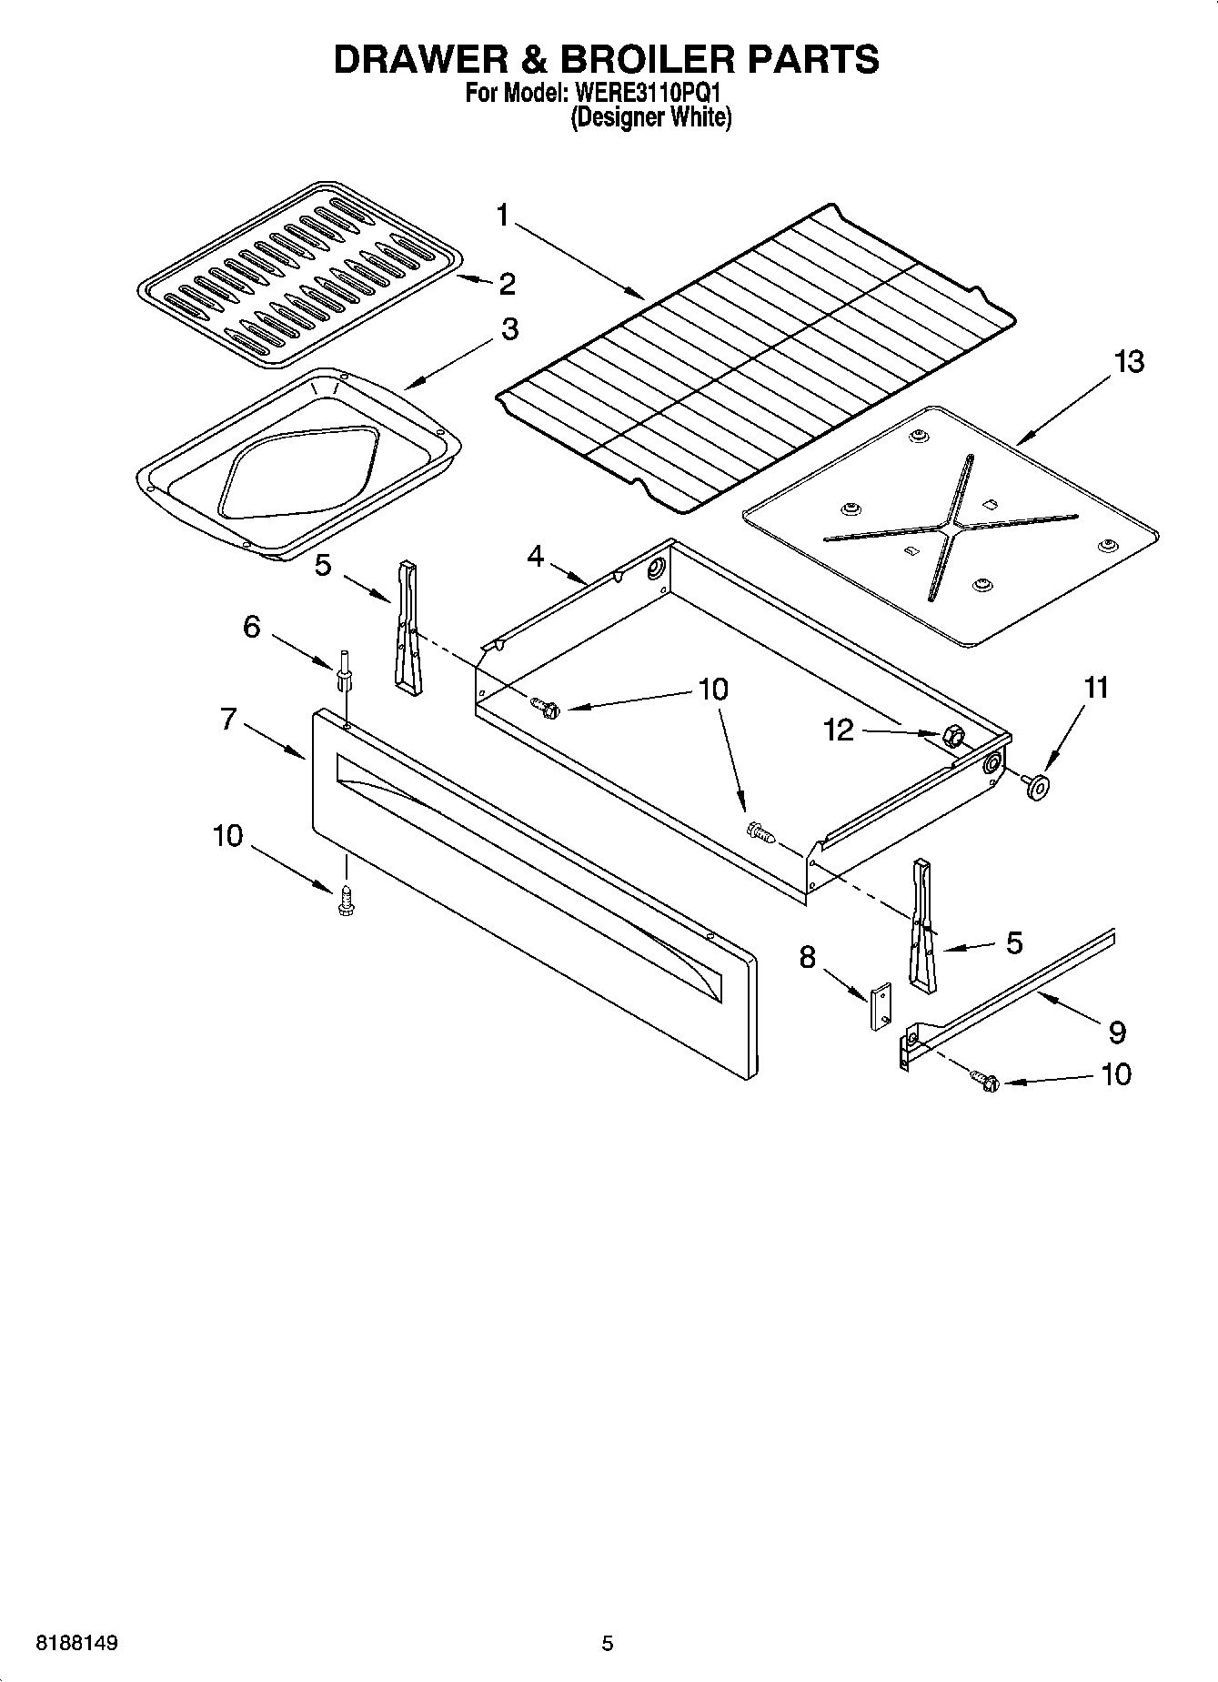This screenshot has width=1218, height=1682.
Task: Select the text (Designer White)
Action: [x=650, y=117]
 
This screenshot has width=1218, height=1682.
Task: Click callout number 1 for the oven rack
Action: [x=503, y=216]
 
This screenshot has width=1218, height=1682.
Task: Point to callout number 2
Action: [x=507, y=284]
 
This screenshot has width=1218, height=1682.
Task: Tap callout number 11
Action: [x=1096, y=687]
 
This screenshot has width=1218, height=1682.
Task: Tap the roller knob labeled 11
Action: [x=1034, y=787]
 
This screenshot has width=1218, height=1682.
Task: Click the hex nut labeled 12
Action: [x=951, y=736]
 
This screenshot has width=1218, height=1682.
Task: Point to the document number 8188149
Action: [x=76, y=1643]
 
